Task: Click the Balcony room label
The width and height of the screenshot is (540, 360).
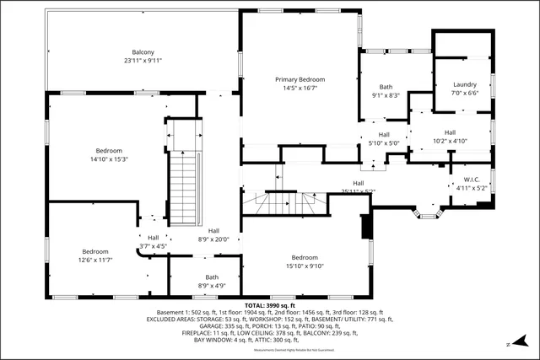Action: (143, 51)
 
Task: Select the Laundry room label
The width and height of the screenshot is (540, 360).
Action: (465, 84)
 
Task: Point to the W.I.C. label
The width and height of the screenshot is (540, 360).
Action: (472, 179)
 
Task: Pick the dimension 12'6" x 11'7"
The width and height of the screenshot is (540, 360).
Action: (95, 261)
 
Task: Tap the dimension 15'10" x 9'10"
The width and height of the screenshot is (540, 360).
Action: (305, 266)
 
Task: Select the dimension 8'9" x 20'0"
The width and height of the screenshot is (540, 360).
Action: (213, 239)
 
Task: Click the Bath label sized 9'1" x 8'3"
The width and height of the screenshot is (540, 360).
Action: (386, 86)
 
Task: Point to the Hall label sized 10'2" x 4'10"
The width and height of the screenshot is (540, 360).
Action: (450, 132)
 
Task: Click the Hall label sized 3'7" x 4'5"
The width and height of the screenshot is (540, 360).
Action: (153, 237)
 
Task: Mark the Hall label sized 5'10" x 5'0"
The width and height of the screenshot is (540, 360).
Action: (384, 134)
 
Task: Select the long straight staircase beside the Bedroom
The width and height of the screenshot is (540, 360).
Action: (183, 191)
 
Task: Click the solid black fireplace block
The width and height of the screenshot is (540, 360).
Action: (365, 226)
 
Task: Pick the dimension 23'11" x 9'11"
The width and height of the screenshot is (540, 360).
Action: (143, 61)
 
